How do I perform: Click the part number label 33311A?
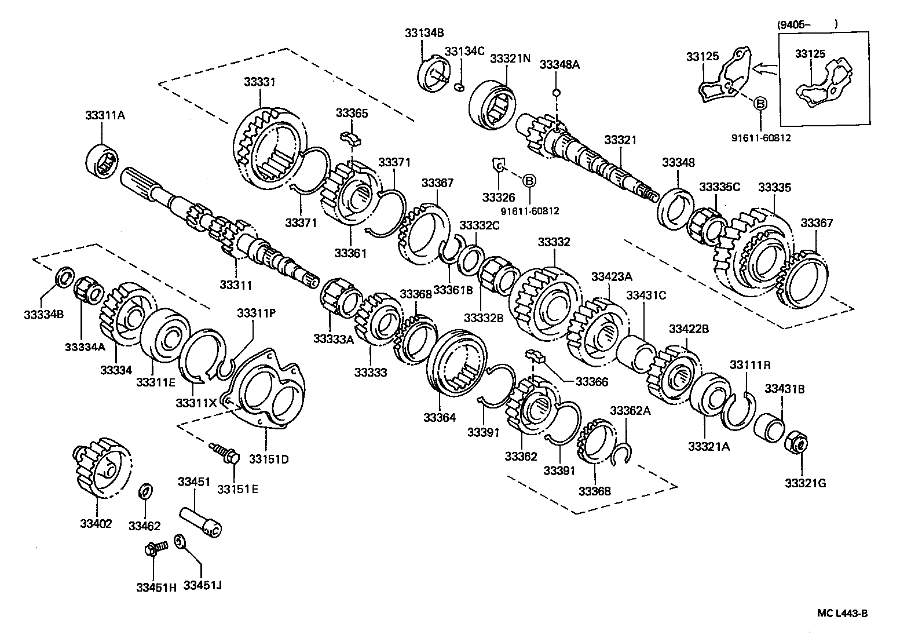[x=105, y=115]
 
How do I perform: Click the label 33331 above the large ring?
[x=259, y=82]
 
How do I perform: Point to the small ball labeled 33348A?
[x=556, y=92]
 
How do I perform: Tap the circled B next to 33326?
[x=529, y=181]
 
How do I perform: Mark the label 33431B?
[x=784, y=389]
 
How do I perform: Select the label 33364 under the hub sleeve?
[x=439, y=417]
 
